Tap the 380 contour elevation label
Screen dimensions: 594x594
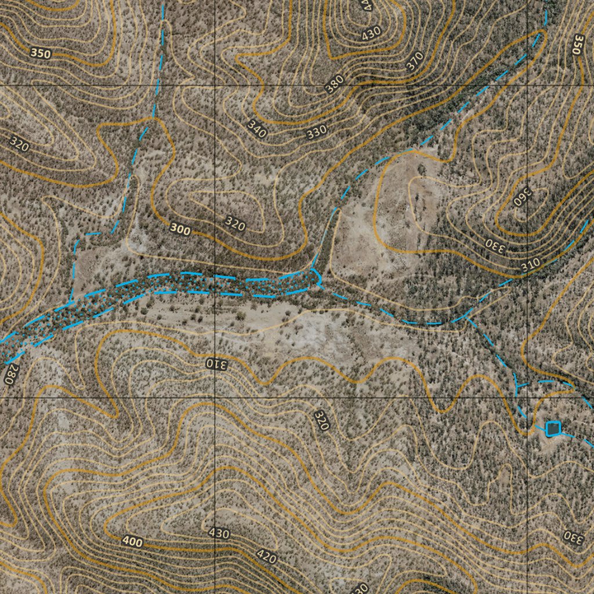pyautogui.click(x=334, y=84)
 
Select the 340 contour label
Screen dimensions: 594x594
pyautogui.click(x=256, y=129)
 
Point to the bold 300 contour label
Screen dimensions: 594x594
pyautogui.click(x=180, y=230)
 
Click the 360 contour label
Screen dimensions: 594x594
pyautogui.click(x=522, y=197)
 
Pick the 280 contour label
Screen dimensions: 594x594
pyautogui.click(x=9, y=375)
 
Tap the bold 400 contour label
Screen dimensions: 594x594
pyautogui.click(x=132, y=542)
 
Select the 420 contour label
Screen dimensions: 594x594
pyautogui.click(x=266, y=557)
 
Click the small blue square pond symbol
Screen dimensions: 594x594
pyautogui.click(x=553, y=428)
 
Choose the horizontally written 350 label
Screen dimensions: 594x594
pyautogui.click(x=41, y=53)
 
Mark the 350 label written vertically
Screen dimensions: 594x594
pyautogui.click(x=577, y=44)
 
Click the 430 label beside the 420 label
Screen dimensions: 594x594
pyautogui.click(x=219, y=533)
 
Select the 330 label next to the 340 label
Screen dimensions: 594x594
pyautogui.click(x=317, y=132)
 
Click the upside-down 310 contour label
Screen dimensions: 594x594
pyautogui.click(x=217, y=364)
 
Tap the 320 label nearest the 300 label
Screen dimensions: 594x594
pyautogui.click(x=235, y=223)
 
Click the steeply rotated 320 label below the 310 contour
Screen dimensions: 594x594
pyautogui.click(x=321, y=420)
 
